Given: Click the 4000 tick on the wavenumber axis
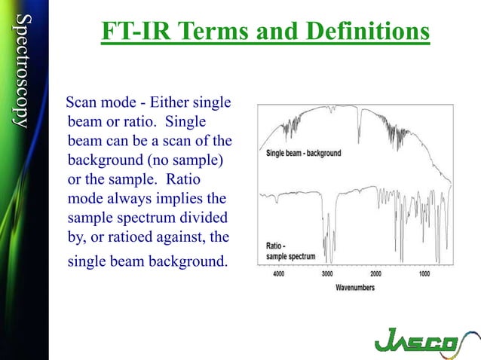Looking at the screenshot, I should coord(279,274).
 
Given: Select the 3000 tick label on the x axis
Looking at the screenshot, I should coord(327,274).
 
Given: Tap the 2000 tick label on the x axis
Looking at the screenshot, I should coord(375,274).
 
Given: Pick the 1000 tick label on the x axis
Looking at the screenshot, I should coord(424,274).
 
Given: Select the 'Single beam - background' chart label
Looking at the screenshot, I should coord(303,153).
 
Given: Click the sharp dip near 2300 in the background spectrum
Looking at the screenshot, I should coord(360,128).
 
